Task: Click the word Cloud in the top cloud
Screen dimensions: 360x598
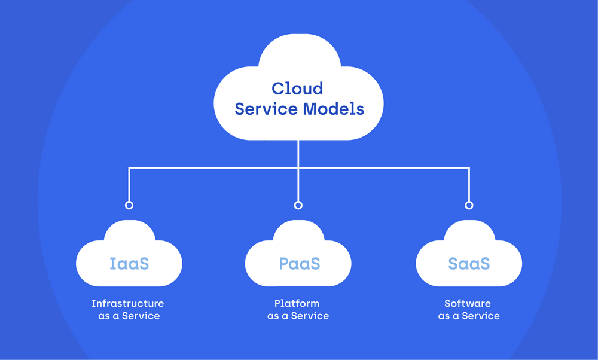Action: point(297,89)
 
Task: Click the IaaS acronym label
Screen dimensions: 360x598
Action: point(129,263)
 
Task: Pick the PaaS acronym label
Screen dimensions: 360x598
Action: point(299,263)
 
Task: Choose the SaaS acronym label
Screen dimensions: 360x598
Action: point(469,263)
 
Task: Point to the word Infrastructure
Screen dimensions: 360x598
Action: point(128,304)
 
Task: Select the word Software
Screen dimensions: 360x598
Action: point(468,304)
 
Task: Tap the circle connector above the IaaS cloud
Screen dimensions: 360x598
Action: point(129,205)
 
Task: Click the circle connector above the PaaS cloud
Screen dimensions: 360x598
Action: point(298,205)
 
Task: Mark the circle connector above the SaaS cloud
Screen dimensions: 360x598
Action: point(469,205)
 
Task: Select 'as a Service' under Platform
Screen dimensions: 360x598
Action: point(298,316)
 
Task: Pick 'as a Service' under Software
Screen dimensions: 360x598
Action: point(469,316)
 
